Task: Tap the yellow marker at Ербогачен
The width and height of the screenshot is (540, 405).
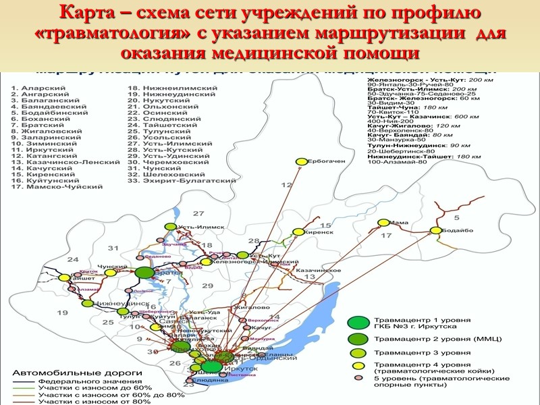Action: [x=300, y=161]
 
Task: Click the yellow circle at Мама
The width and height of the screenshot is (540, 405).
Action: [x=383, y=223]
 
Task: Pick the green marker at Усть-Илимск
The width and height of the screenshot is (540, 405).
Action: [x=171, y=227]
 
